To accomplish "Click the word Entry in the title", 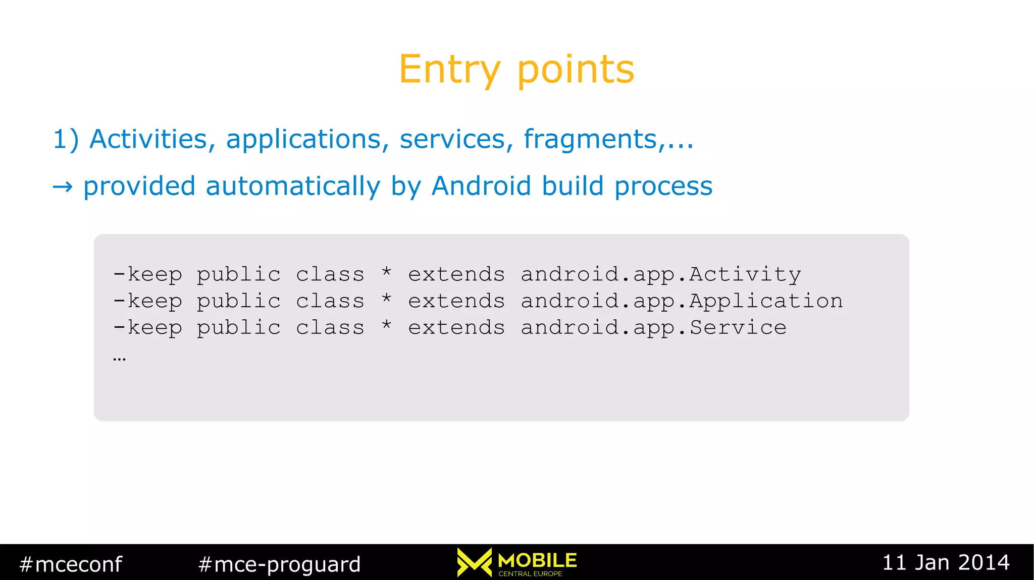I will pos(449,70).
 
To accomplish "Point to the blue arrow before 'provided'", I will pos(63,187).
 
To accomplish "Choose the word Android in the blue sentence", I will pos(482,186).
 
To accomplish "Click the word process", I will pos(663,187).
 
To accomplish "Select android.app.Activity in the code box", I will pos(660,274).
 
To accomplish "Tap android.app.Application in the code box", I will pos(682,301).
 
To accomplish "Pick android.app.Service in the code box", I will pos(653,328).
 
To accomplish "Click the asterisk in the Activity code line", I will pos(387,273).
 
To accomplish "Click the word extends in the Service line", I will pos(456,328).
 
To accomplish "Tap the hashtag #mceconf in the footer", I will pos(71,564).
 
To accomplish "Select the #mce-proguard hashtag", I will pos(280,564).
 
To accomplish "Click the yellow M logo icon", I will pos(474,562).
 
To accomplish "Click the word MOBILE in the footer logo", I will pos(537,560).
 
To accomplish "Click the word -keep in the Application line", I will pos(147,301).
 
